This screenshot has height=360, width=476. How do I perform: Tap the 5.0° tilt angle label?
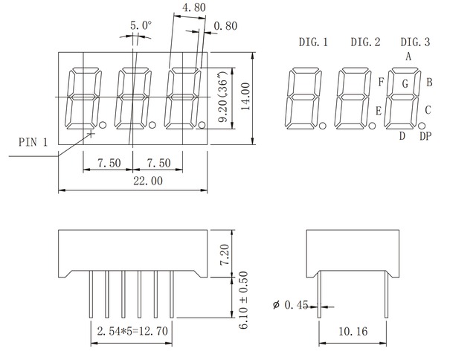(141, 25)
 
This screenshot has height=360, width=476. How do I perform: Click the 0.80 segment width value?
(225, 27)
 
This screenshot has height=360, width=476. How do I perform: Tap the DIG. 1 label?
(312, 42)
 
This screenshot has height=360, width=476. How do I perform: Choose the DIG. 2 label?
(365, 42)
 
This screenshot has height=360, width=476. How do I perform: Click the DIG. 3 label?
(415, 42)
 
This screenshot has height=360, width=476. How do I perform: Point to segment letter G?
(405, 84)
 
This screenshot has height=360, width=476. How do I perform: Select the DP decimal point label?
(425, 135)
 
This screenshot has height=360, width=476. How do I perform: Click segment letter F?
(381, 81)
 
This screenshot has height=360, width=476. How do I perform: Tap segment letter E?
(379, 111)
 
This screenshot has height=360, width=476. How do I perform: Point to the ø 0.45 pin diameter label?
(291, 303)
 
